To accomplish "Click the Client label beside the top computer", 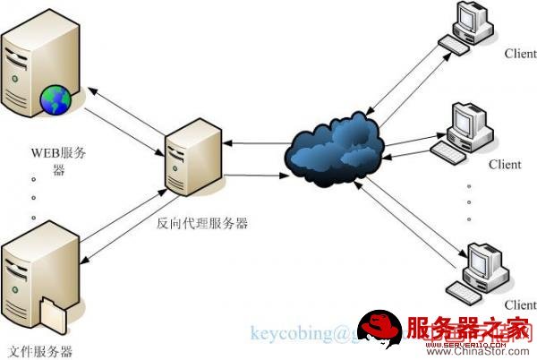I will click(519, 54).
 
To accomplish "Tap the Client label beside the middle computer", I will click(505, 165).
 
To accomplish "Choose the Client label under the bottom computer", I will click(518, 304).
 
